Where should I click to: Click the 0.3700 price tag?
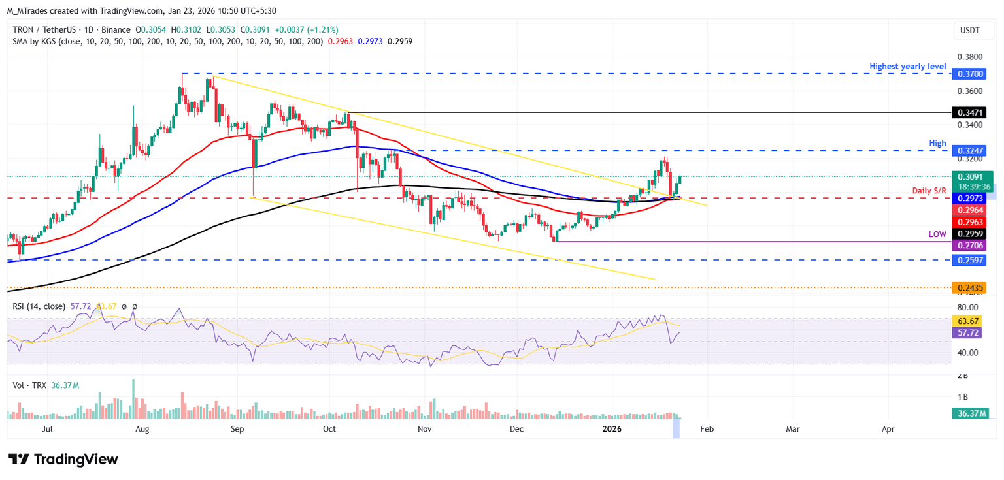pos(971,74)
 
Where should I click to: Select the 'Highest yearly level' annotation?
pos(908,67)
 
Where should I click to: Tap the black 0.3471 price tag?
pos(971,112)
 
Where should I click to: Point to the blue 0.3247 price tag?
pos(971,150)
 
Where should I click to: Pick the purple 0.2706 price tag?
pos(971,245)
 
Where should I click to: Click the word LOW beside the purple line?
pos(937,234)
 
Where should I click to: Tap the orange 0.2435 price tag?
pos(971,287)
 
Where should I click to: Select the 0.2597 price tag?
pos(971,260)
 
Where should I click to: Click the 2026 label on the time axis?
pos(612,429)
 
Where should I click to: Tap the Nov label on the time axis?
pos(425,429)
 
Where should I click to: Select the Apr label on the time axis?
pos(888,429)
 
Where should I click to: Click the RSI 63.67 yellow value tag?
pos(971,321)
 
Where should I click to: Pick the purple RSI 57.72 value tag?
pos(971,332)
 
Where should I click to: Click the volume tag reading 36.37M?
pos(971,413)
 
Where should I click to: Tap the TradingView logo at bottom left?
pos(63,459)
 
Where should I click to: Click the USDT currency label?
pos(970,29)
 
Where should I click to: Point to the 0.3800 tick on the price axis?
pos(971,57)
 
